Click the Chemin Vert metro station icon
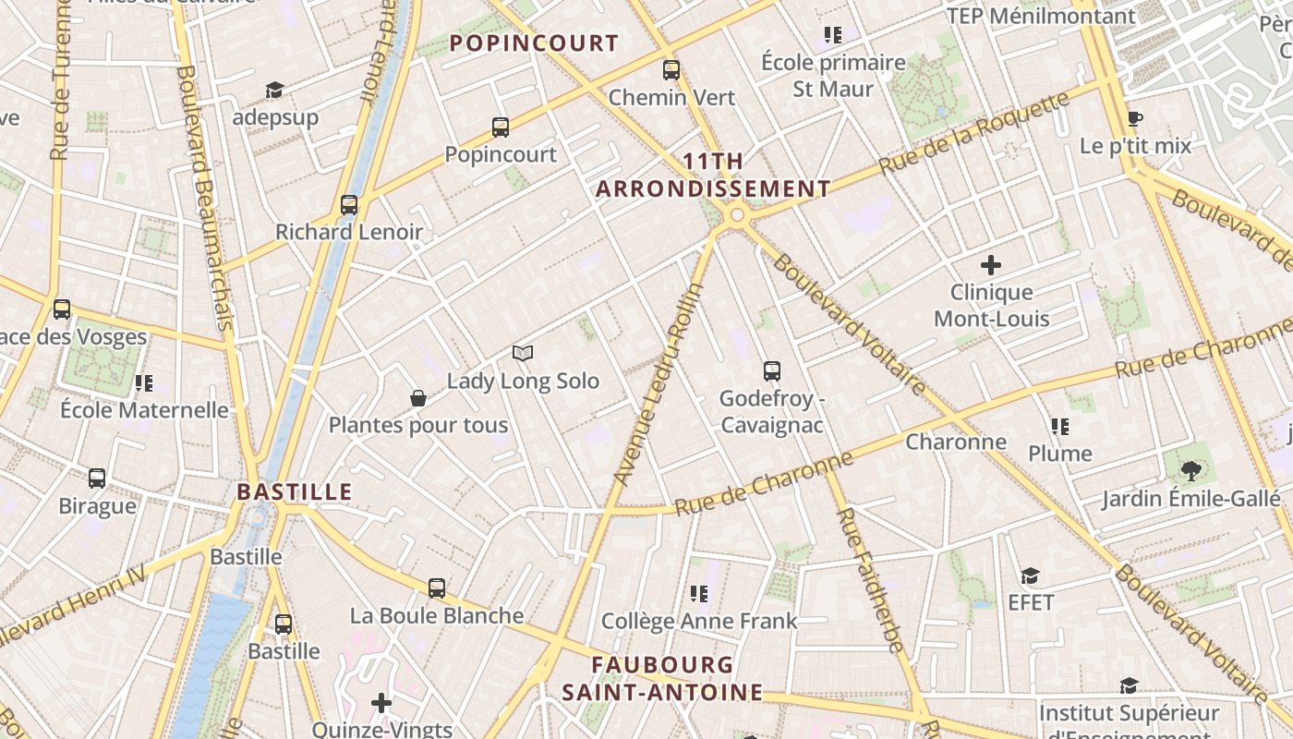pyautogui.click(x=671, y=69)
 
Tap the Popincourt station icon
pyautogui.click(x=501, y=127)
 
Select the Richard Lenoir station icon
pyautogui.click(x=349, y=205)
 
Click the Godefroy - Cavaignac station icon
pyautogui.click(x=772, y=371)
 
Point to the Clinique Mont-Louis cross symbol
pyautogui.click(x=991, y=266)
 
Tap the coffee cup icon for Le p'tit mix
pyautogui.click(x=1135, y=119)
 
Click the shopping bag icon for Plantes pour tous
pyautogui.click(x=418, y=398)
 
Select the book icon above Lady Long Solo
pyautogui.click(x=523, y=354)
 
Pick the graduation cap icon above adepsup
pyautogui.click(x=274, y=90)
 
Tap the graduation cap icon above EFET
pyautogui.click(x=1031, y=576)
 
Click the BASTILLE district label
pyautogui.click(x=295, y=491)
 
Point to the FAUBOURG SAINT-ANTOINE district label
pyautogui.click(x=662, y=678)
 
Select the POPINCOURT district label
pyautogui.click(x=534, y=42)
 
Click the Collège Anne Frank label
pyautogui.click(x=699, y=621)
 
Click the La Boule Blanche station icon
pyautogui.click(x=437, y=588)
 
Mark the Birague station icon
pyautogui.click(x=97, y=479)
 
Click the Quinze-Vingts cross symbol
pyautogui.click(x=381, y=704)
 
